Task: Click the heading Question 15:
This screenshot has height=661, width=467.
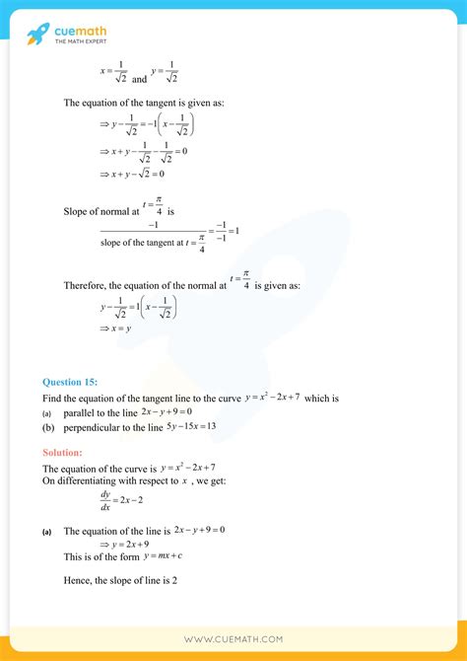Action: pos(70,383)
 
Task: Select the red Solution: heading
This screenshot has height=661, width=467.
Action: pos(69,452)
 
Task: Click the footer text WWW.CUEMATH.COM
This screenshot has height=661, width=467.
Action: pos(233,639)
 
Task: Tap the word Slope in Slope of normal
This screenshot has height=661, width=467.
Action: pos(77,211)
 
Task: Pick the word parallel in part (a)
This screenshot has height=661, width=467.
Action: pos(81,412)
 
